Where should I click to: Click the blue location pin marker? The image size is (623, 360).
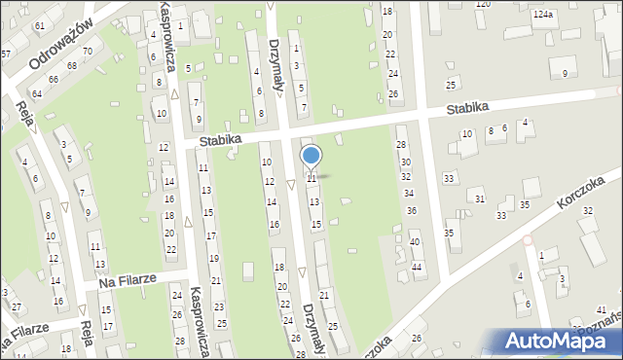pyautogui.click(x=311, y=157)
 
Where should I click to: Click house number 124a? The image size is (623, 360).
pyautogui.click(x=543, y=16)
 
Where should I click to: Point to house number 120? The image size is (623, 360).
pyautogui.click(x=483, y=5)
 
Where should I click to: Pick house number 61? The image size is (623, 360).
pyautogui.click(x=39, y=25)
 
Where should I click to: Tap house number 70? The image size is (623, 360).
pyautogui.click(x=87, y=51)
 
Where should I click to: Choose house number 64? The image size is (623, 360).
pyautogui.click(x=37, y=93)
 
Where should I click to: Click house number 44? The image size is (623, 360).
pyautogui.click(x=417, y=267)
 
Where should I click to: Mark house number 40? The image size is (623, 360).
pyautogui.click(x=415, y=242)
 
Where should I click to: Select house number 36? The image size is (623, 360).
pyautogui.click(x=412, y=210)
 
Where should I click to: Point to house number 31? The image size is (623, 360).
pyautogui.click(x=480, y=198)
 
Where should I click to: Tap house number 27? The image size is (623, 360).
pyautogui.click(x=17, y=306)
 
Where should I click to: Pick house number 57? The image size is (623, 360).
pyautogui.click(x=5, y=54)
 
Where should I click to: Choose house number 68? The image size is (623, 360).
pyautogui.click(x=71, y=65)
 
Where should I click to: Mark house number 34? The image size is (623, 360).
pyautogui.click(x=409, y=193)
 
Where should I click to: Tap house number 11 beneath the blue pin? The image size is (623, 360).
pyautogui.click(x=311, y=179)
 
